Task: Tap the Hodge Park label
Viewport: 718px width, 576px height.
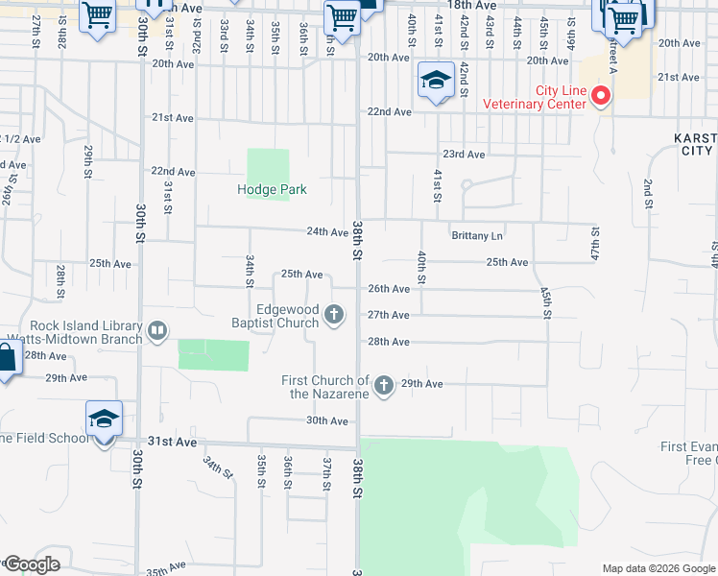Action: (x=272, y=189)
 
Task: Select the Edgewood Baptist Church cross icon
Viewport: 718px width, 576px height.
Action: (x=334, y=314)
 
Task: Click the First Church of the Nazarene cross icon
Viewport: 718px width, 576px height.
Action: (x=384, y=386)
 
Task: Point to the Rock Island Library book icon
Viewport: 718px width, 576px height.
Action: (x=156, y=332)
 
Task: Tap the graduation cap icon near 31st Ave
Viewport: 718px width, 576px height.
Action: (x=104, y=420)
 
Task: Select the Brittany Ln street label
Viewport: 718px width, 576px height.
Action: (x=477, y=236)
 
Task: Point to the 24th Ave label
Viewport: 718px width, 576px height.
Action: (x=327, y=232)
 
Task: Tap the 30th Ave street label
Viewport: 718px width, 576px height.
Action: (x=326, y=420)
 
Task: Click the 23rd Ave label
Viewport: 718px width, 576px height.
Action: (x=464, y=155)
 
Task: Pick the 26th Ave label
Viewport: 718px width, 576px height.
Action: (x=389, y=289)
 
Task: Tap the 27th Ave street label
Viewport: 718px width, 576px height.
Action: (x=389, y=315)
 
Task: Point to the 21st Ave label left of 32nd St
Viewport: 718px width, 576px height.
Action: (x=173, y=118)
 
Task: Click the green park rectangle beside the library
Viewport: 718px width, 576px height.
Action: (x=213, y=354)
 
